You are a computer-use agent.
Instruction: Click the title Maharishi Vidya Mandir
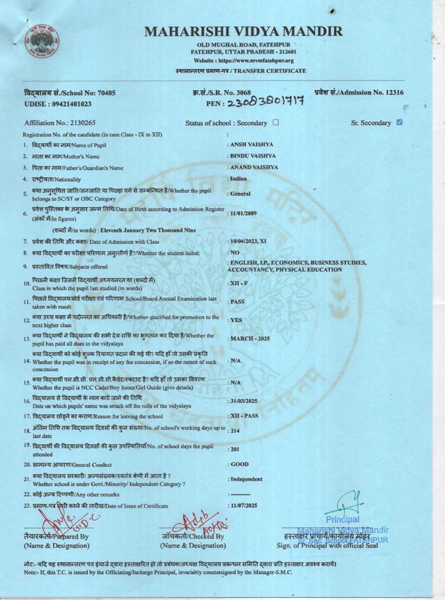pos(243,31)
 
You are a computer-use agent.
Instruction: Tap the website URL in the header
pos(243,60)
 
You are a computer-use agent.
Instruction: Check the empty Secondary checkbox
pos(276,122)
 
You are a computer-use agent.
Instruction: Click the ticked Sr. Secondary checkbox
pos(399,122)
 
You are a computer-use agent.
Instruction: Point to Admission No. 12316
pos(359,92)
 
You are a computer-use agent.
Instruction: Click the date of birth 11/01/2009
pos(243,213)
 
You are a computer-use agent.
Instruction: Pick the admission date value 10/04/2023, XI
pos(248,241)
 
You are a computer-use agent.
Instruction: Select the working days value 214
pos(235,431)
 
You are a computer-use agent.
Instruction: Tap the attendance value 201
pos(235,449)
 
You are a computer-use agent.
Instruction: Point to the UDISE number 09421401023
pos(58,104)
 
